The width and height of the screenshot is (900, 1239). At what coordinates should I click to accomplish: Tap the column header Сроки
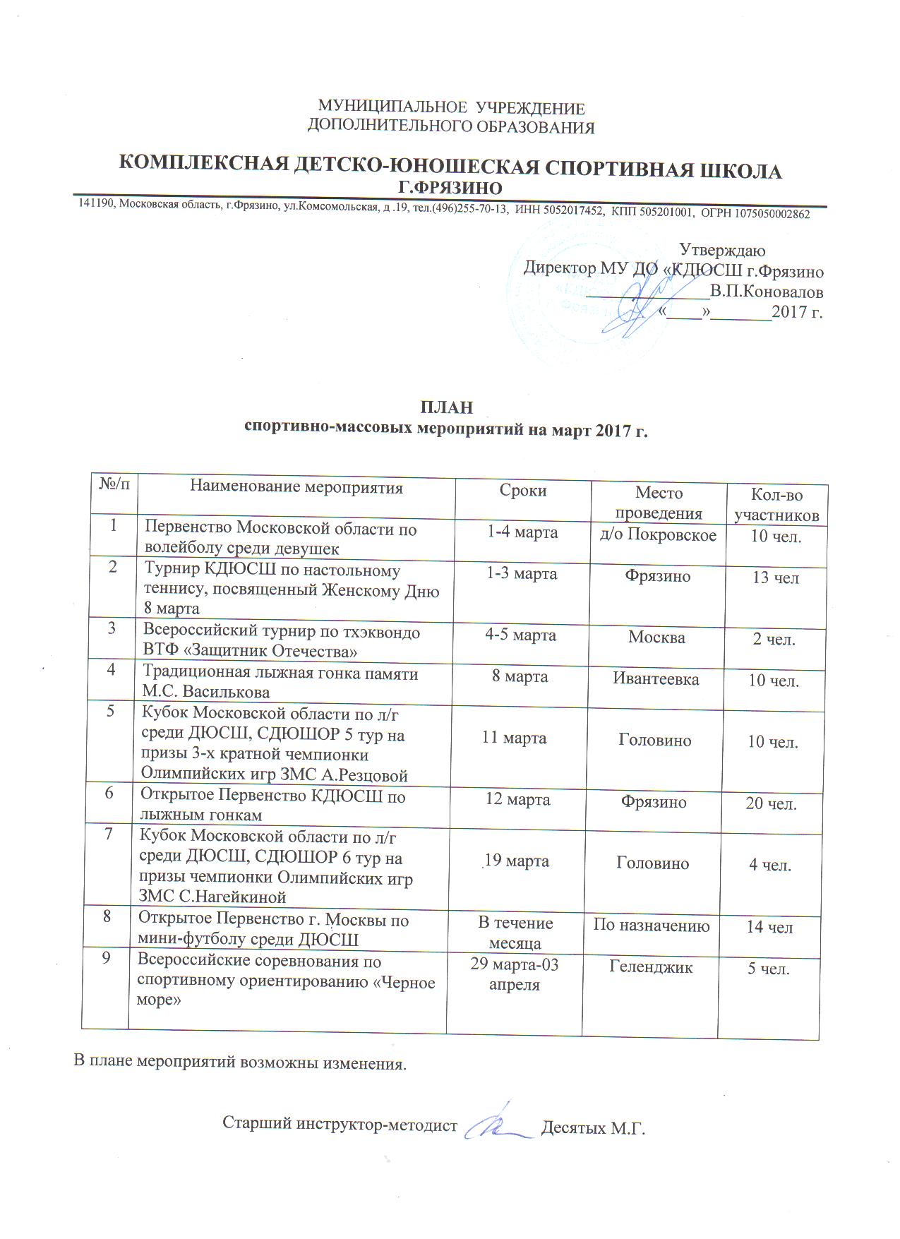[523, 491]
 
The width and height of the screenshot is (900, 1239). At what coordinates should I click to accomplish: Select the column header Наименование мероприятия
[296, 487]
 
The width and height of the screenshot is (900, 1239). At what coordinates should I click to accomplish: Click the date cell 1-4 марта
[523, 532]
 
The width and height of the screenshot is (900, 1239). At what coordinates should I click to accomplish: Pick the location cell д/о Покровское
[658, 535]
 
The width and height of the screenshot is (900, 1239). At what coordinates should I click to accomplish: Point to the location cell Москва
[656, 638]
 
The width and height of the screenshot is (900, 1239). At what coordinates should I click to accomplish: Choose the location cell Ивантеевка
[656, 679]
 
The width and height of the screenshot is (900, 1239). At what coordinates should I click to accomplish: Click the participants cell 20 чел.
[771, 803]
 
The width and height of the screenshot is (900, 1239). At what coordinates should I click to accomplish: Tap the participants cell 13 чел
[775, 578]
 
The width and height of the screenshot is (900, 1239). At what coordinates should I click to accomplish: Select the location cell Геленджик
[651, 967]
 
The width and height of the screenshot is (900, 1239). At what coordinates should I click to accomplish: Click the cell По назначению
[652, 926]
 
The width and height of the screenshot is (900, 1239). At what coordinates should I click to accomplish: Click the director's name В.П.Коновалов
[767, 292]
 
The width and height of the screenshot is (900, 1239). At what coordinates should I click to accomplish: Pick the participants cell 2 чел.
[774, 640]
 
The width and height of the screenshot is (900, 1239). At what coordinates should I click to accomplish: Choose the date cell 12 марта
[518, 800]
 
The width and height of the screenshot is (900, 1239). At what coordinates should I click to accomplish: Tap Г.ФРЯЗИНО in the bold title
[450, 188]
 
